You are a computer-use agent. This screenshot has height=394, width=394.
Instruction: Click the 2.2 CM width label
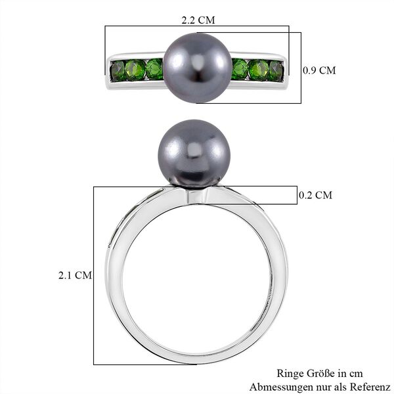point(197,18)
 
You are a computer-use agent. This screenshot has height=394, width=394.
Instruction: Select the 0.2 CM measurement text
point(315,195)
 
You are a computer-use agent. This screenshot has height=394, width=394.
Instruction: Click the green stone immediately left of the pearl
point(155,69)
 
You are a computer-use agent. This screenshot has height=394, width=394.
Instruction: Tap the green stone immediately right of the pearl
point(240,69)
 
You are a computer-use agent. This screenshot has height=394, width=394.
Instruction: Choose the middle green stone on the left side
point(135,70)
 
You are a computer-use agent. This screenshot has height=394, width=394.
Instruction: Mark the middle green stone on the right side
point(259,70)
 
